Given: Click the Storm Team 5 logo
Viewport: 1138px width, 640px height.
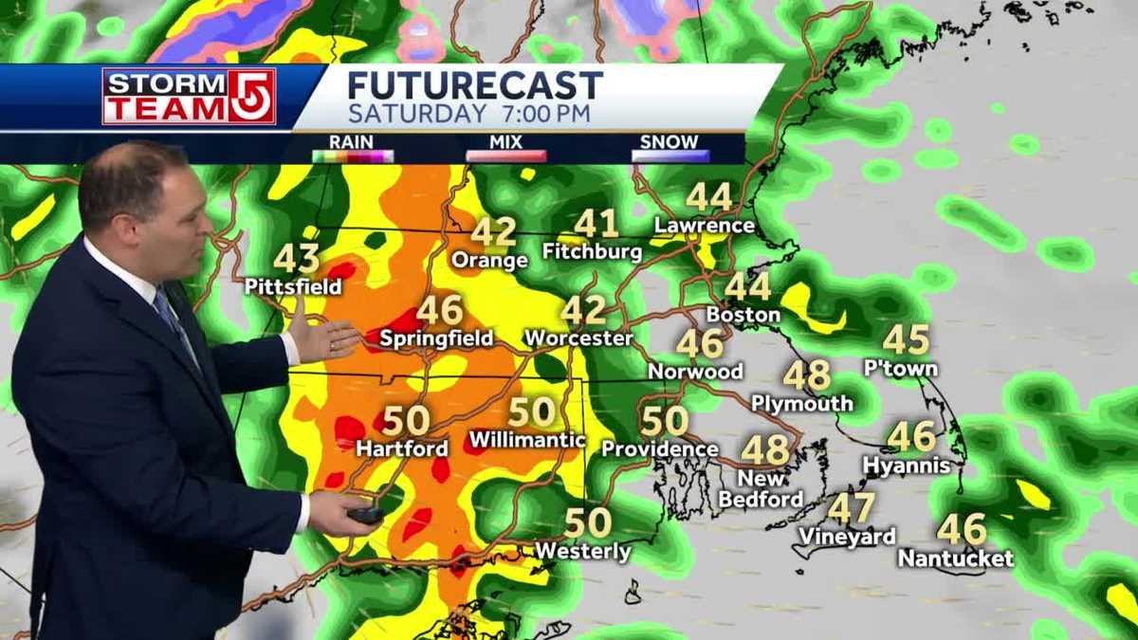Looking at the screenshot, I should (x=189, y=97).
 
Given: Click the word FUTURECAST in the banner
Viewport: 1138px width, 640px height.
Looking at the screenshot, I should (x=474, y=86).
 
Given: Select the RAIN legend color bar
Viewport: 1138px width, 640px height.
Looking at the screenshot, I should (x=352, y=155).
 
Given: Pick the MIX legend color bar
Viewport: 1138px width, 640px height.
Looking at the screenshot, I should (x=505, y=155).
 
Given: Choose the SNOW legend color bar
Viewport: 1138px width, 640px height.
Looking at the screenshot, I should (x=670, y=155).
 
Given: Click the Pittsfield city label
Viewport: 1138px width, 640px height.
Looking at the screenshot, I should (x=293, y=285).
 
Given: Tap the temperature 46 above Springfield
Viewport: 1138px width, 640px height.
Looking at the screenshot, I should (x=439, y=310).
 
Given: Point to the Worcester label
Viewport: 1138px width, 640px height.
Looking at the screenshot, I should (x=578, y=338).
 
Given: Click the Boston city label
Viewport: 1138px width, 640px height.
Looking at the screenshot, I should (x=743, y=314).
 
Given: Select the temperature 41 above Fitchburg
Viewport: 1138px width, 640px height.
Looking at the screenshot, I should (x=596, y=224).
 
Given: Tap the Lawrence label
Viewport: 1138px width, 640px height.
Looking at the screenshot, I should (x=705, y=226).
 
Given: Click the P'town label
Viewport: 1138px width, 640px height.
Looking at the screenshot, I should (x=901, y=369).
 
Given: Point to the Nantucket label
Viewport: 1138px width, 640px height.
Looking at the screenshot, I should (x=956, y=558).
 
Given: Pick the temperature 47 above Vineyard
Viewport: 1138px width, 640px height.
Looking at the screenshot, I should (x=851, y=509).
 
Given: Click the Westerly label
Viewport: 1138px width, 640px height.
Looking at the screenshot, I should (x=583, y=552).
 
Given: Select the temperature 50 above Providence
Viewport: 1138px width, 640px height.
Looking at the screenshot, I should (x=664, y=420).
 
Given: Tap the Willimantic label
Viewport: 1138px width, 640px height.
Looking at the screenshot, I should (x=527, y=440).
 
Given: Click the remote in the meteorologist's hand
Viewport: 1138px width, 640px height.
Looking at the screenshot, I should (x=364, y=515).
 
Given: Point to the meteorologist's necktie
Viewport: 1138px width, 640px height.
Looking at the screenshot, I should (x=174, y=322).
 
